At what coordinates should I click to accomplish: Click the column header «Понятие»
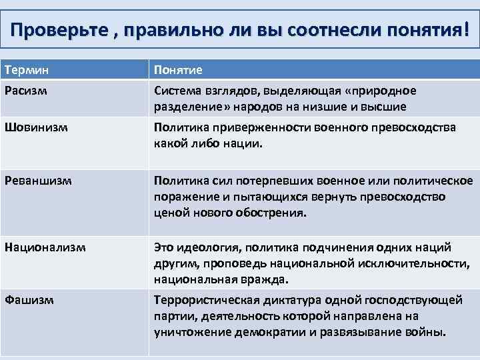click(178, 69)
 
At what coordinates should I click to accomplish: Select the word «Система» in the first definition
click(176, 90)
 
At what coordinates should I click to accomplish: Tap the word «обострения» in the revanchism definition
click(271, 213)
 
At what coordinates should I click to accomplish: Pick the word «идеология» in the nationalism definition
click(210, 247)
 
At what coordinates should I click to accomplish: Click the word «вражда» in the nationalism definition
click(268, 279)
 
